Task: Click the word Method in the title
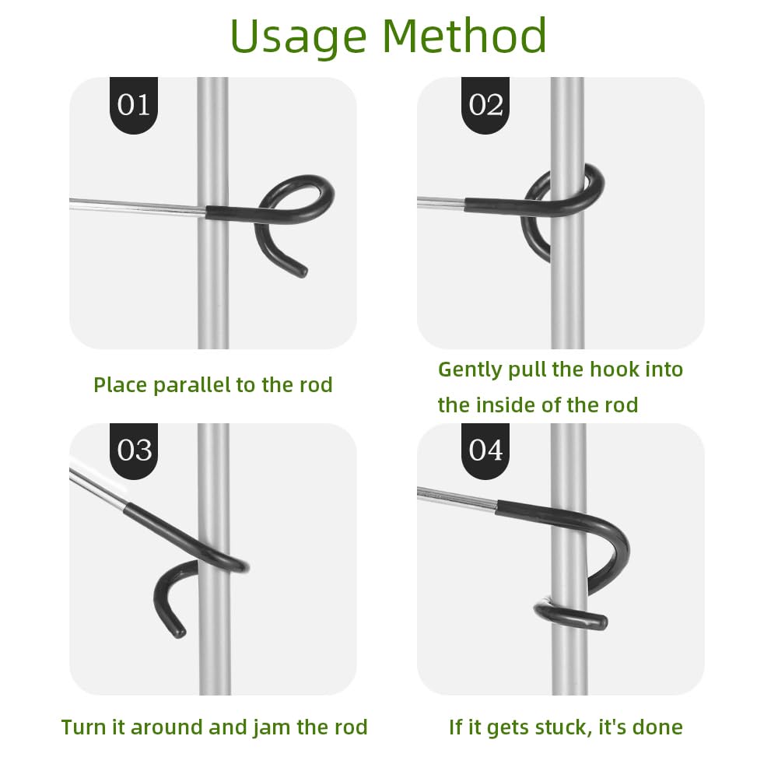point(464,35)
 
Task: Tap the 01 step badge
point(134,105)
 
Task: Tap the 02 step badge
point(485,105)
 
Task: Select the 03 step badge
point(134,451)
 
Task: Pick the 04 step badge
point(485,451)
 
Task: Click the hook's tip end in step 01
point(302,272)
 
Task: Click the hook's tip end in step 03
point(179,632)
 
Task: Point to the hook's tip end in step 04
point(601,622)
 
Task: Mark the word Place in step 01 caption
point(121,385)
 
